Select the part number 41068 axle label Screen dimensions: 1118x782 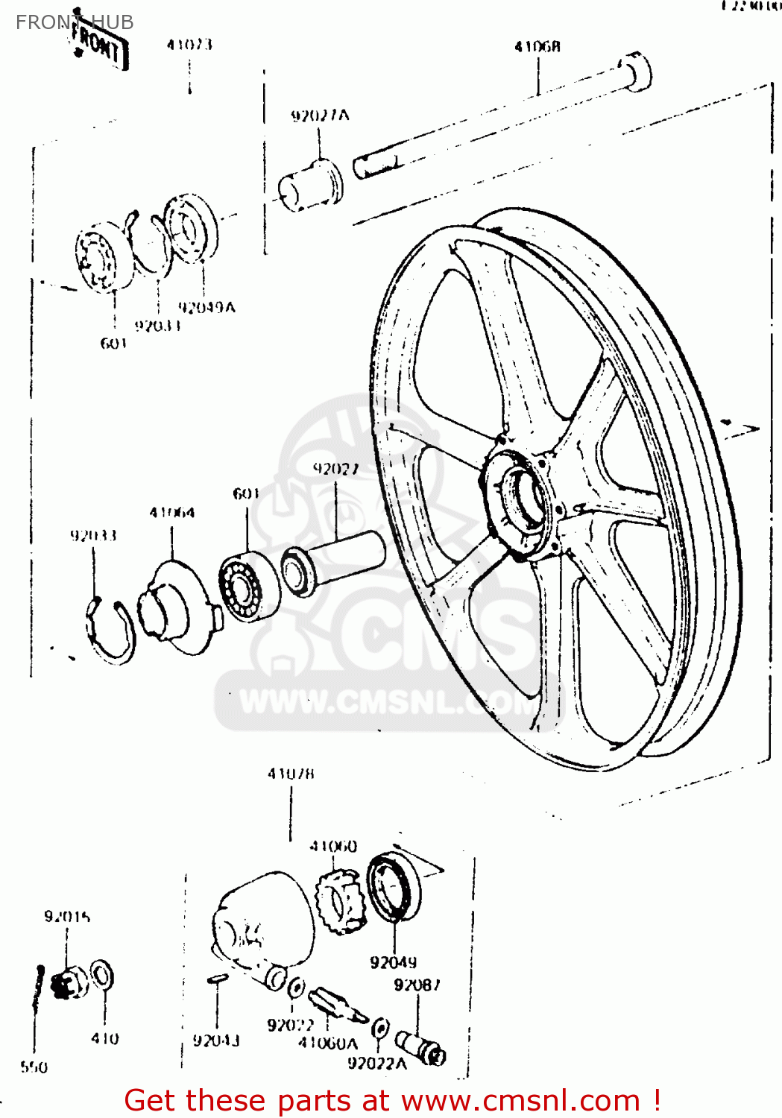(x=537, y=47)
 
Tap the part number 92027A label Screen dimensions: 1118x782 (x=319, y=116)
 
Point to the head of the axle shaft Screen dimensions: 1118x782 (x=636, y=72)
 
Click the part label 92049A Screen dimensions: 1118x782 (x=206, y=307)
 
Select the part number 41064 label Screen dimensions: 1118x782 (x=171, y=513)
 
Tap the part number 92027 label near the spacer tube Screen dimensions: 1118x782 (x=335, y=469)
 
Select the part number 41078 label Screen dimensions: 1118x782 (x=291, y=774)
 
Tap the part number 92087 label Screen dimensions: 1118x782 (x=417, y=985)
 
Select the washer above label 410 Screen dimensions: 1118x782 (x=102, y=976)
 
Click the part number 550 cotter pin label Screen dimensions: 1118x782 (x=34, y=1067)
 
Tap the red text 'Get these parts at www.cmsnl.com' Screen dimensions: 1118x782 (x=392, y=1101)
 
